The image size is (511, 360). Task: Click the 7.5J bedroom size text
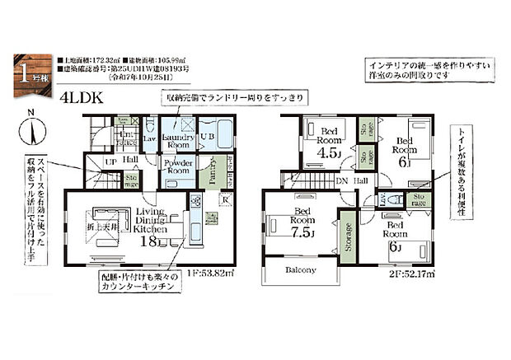[303, 232]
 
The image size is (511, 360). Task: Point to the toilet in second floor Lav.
[395, 198]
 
